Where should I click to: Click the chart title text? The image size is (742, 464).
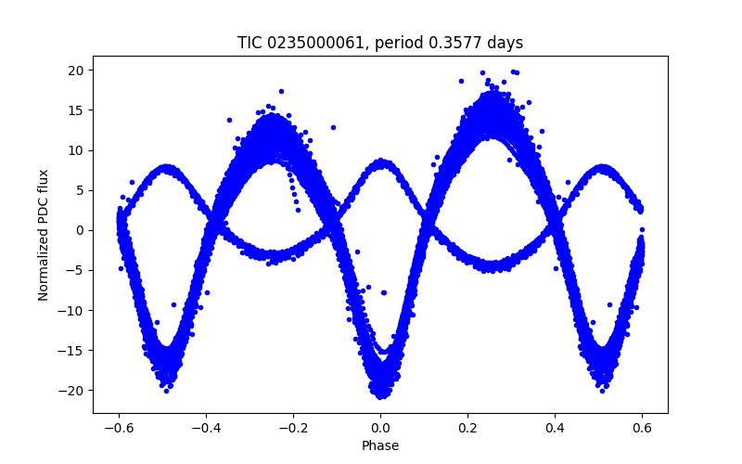coord(380,43)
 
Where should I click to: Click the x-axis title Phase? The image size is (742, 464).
coord(380,445)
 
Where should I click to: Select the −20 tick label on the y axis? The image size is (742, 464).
coord(73,391)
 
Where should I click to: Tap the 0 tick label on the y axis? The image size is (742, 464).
coord(81,230)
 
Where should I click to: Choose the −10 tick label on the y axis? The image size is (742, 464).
coord(73,311)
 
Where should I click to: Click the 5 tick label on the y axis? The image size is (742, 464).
coord(81,190)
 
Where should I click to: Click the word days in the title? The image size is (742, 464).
coord(505,43)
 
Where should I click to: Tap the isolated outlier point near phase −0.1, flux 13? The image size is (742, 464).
coord(333,127)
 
